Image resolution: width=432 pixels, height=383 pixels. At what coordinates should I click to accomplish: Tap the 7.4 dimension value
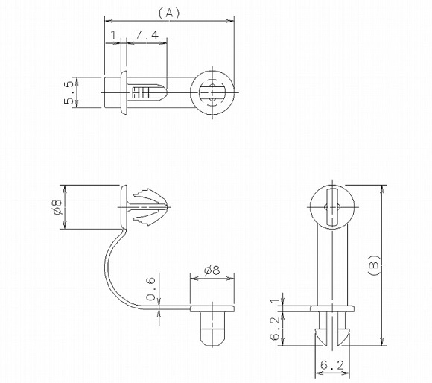(x=146, y=35)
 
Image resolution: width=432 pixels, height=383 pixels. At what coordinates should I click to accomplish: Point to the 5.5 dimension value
(x=69, y=92)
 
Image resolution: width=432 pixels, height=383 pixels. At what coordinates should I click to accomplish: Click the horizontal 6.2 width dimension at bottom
(x=331, y=365)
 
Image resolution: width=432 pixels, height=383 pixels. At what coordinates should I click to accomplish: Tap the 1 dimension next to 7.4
(x=112, y=35)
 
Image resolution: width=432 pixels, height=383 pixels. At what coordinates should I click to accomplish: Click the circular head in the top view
(x=212, y=93)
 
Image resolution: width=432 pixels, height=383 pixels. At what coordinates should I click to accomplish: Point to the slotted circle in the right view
(x=331, y=206)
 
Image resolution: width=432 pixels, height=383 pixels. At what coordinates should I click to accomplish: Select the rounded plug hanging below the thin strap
(x=213, y=328)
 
